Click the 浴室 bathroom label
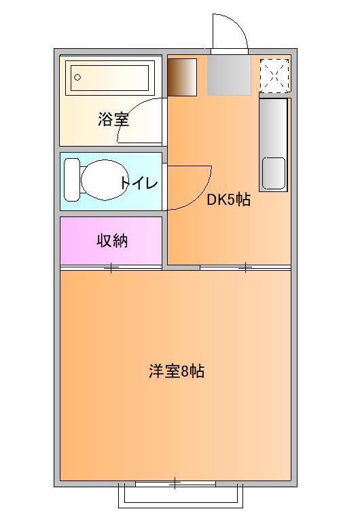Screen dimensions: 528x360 113,120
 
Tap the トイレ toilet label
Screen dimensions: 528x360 139,183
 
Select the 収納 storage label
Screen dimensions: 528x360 112,240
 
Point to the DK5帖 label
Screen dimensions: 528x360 228,200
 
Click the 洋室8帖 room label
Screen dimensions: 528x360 177,371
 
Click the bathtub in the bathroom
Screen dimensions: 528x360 111,78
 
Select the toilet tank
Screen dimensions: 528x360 71,180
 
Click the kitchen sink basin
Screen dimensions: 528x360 274,172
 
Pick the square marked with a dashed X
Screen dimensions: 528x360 274,74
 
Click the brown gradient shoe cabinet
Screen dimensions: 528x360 182,77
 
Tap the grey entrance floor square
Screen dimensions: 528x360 229,76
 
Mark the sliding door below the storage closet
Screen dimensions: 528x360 111,268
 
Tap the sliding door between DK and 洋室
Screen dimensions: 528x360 245,268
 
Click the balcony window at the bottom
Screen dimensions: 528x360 175,484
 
